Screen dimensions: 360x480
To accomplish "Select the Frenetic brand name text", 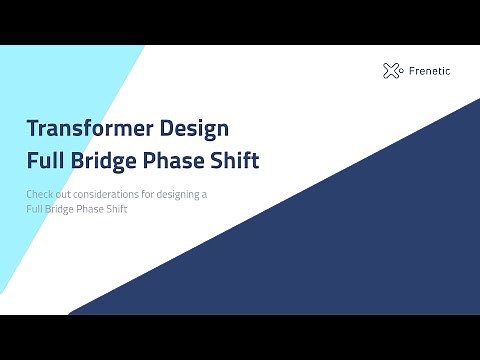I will coord(428,70).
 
